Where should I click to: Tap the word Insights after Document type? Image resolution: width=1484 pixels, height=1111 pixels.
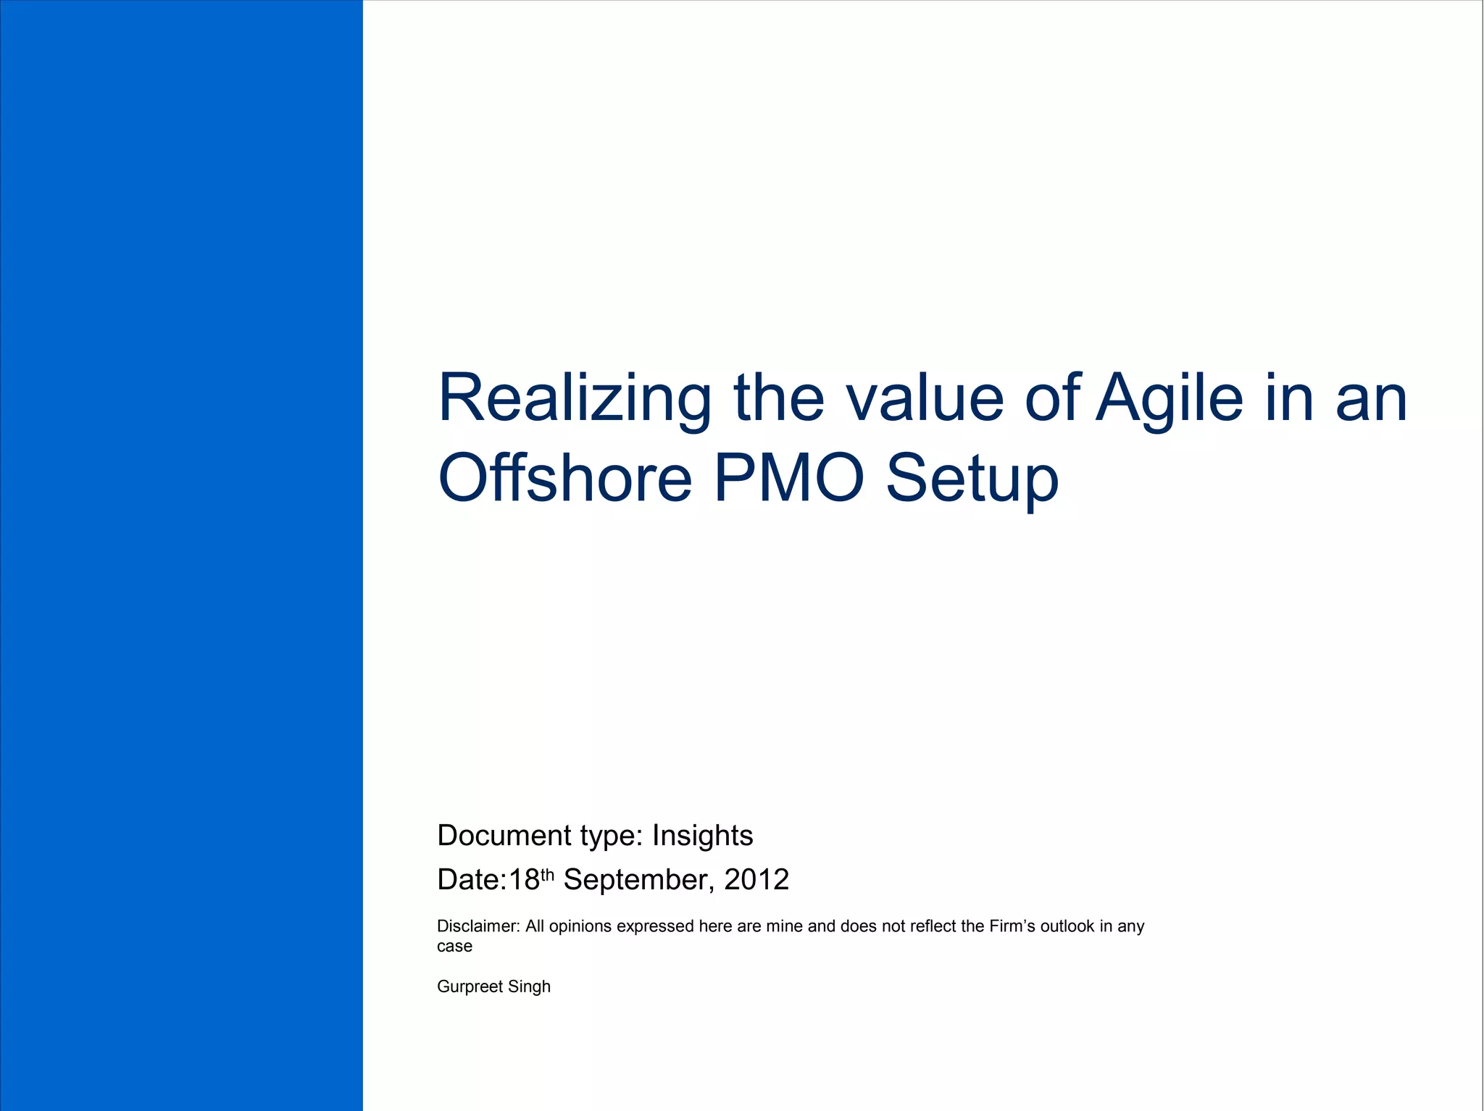point(702,836)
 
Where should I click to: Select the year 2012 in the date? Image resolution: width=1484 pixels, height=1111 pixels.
point(756,880)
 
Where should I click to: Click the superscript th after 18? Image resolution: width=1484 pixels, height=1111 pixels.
point(547,874)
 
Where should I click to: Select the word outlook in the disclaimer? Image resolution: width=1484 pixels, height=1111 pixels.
point(1067,926)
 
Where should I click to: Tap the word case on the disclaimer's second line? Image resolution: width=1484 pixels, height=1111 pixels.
point(454,947)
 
